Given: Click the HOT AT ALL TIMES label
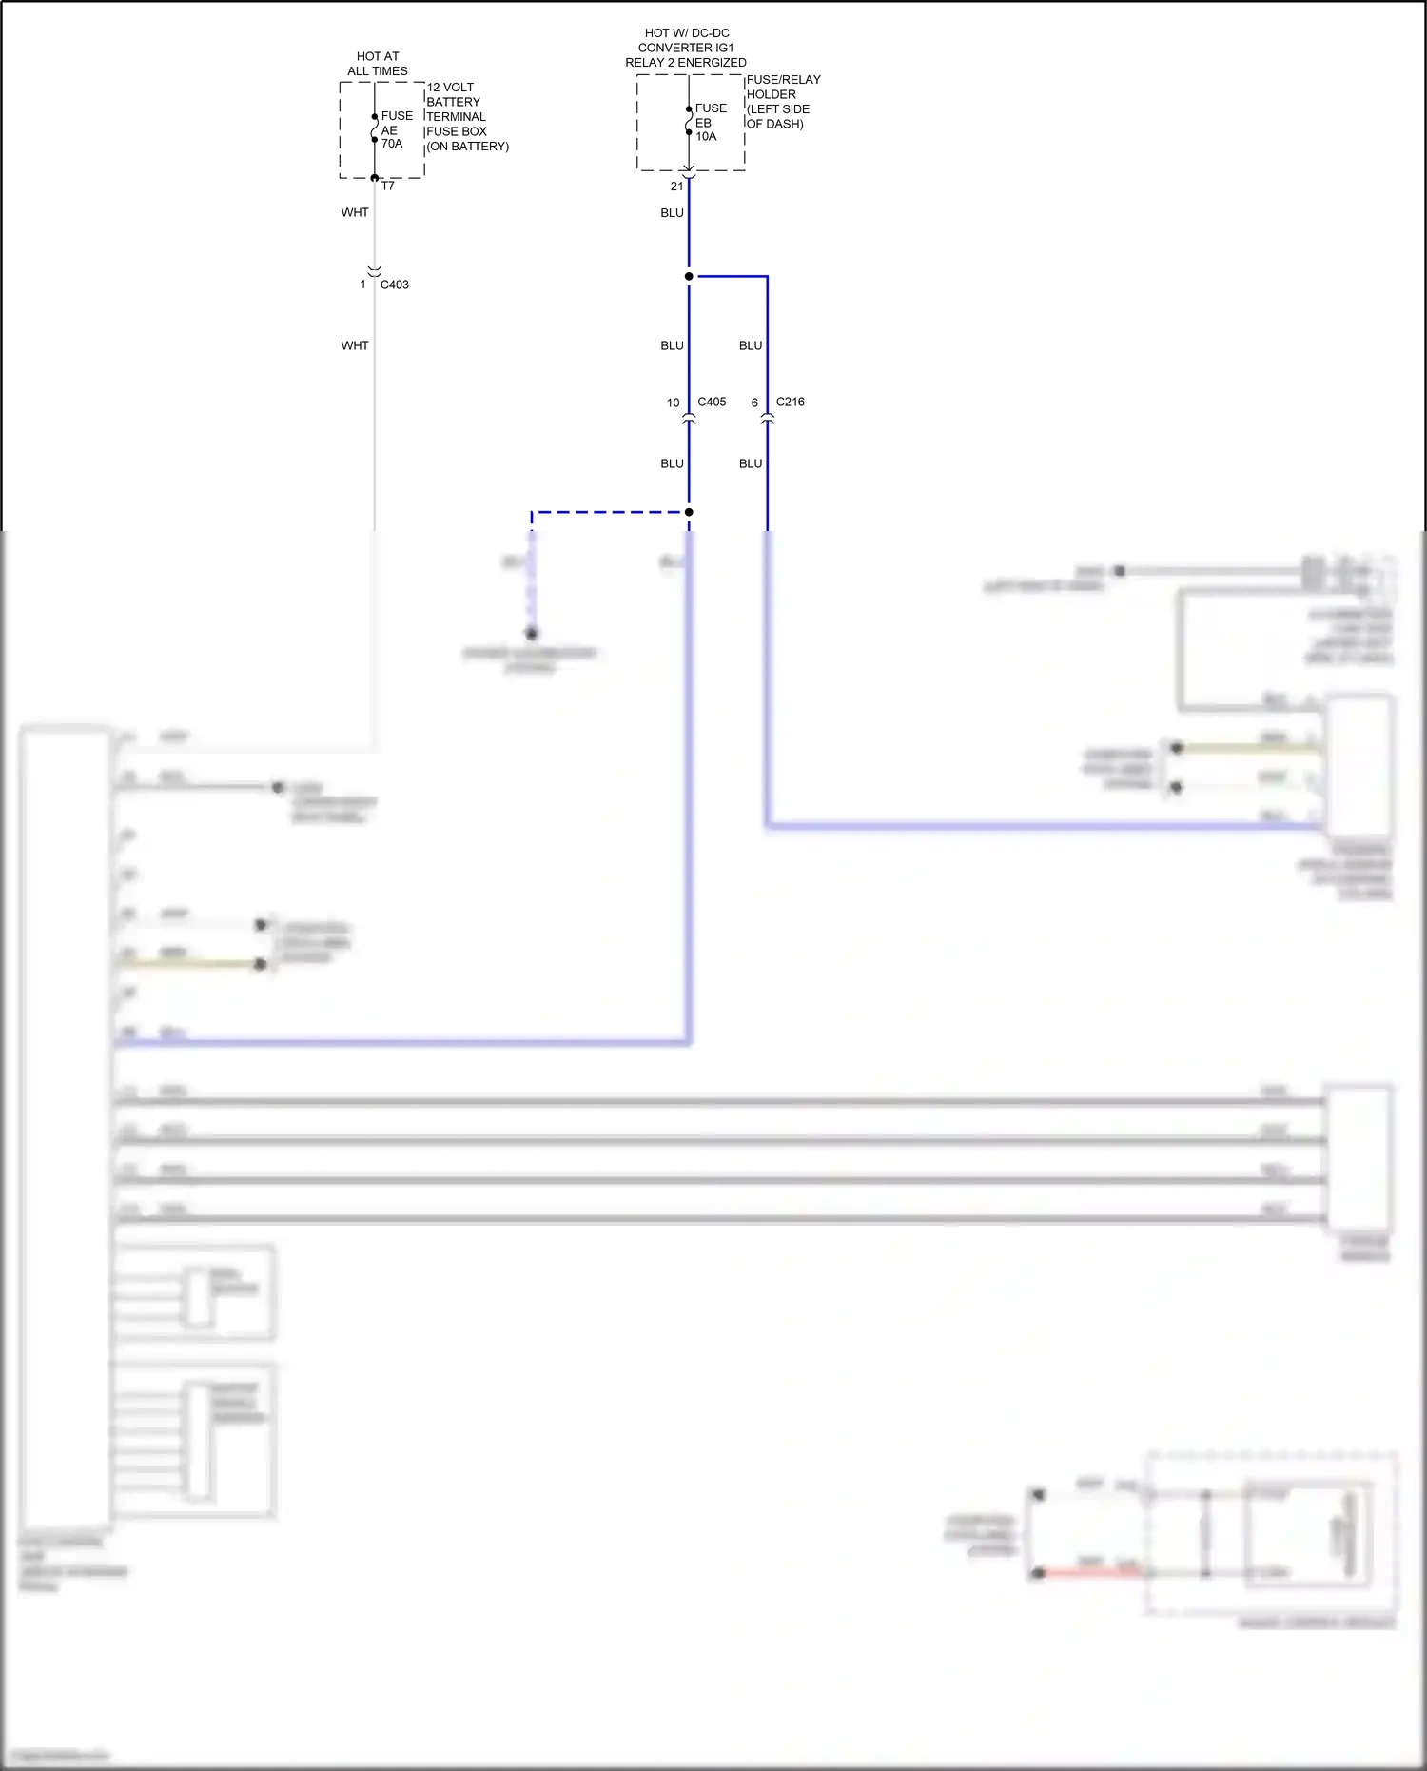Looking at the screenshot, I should [x=378, y=64].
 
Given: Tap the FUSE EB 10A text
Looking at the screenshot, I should [x=710, y=122].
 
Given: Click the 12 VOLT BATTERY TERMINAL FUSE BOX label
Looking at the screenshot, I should [x=466, y=116].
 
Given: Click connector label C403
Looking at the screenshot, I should [x=394, y=285].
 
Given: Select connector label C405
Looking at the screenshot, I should [x=712, y=402].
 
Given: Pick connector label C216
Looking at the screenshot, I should [x=790, y=402].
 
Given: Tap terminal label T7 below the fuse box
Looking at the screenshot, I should [x=387, y=186].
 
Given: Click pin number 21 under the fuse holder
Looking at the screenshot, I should [x=676, y=187].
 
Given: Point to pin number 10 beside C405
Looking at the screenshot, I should [x=673, y=403].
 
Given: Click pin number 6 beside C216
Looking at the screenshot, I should [x=754, y=403].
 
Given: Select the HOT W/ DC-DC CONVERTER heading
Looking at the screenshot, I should [x=686, y=48].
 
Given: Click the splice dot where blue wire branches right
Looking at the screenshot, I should [x=689, y=276].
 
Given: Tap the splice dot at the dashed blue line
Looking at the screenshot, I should [x=689, y=512].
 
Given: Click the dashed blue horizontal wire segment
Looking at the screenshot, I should [x=609, y=512].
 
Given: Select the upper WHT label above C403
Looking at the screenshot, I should [x=355, y=212].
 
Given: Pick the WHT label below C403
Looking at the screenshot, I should [x=355, y=345].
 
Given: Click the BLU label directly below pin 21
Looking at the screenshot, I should [x=672, y=212].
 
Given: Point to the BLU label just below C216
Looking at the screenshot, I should [x=751, y=463].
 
